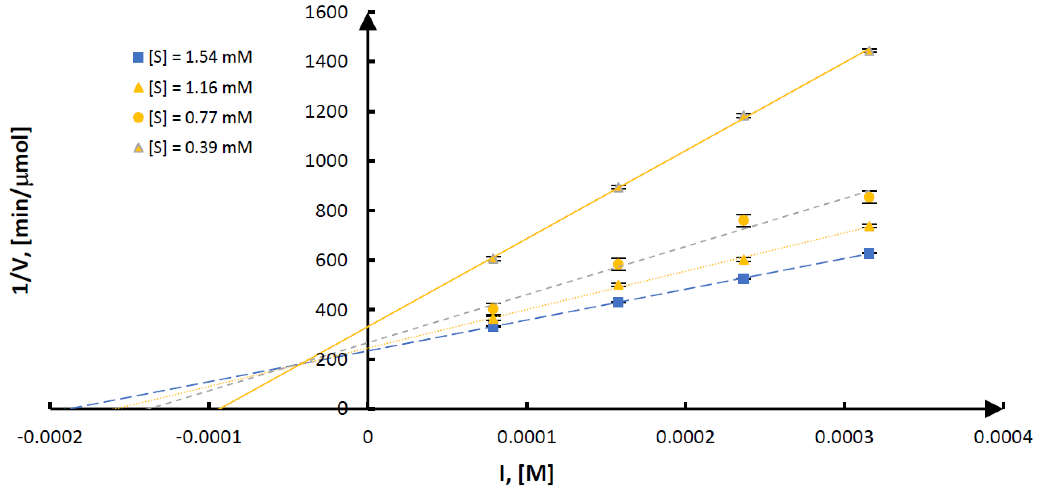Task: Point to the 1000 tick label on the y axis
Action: pos(326,161)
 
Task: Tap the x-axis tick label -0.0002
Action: pos(50,437)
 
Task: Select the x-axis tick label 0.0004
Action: pos(1003,437)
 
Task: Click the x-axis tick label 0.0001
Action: pos(526,437)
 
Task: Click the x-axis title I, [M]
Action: pos(526,473)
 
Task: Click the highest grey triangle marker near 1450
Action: pos(869,51)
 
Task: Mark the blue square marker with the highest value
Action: pos(869,253)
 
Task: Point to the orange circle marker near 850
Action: pos(869,197)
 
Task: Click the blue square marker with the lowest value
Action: pos(493,327)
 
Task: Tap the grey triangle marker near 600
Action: pos(493,259)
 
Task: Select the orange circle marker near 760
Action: pos(743,220)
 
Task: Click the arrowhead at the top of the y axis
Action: pos(368,22)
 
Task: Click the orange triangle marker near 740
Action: pos(869,226)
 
